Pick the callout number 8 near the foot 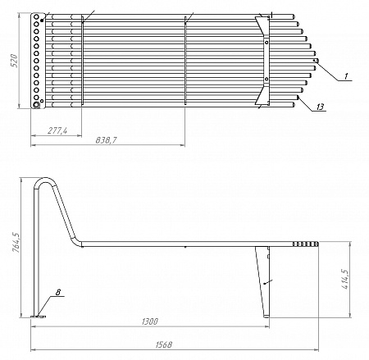[x=58, y=292]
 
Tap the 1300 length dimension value [x=150, y=321]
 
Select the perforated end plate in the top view [x=36, y=62]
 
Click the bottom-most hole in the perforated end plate [x=36, y=104]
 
